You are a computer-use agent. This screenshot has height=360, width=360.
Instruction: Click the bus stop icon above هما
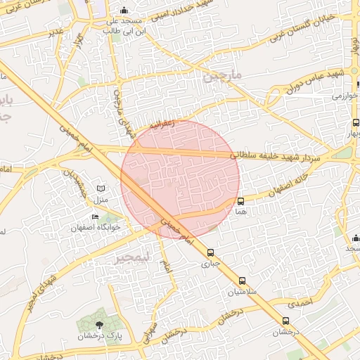[241, 201]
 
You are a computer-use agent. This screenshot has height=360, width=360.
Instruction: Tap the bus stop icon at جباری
[210, 253]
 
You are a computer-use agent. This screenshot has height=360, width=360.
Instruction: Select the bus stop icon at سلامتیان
[243, 281]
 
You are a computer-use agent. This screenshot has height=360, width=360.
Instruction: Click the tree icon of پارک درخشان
[99, 323]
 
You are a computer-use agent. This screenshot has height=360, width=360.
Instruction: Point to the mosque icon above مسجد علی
[124, 11]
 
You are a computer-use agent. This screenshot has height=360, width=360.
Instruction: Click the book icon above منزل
[101, 190]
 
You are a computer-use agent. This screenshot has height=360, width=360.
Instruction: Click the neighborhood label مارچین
[222, 75]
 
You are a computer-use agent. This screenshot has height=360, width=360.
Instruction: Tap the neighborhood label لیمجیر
[133, 257]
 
